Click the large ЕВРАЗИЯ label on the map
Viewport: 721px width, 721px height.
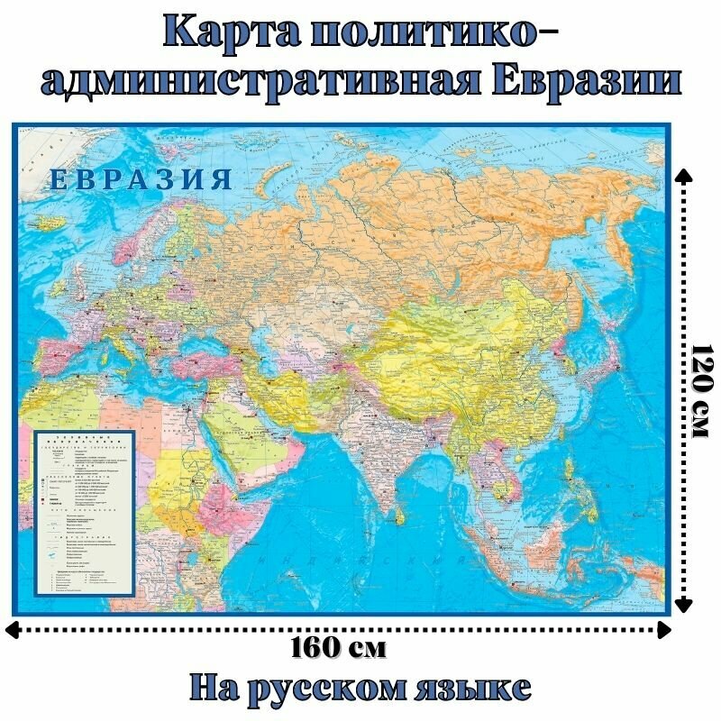click(141, 178)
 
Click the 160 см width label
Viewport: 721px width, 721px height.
click(340, 647)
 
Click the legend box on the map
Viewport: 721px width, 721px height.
click(84, 512)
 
